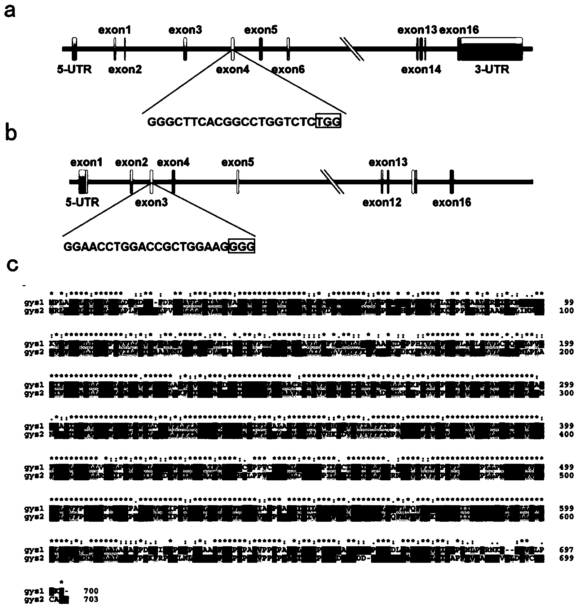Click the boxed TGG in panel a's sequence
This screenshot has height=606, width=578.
328,122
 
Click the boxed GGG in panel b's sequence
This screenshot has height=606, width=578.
242,246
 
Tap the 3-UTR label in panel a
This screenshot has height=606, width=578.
492,69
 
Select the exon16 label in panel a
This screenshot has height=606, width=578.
459,30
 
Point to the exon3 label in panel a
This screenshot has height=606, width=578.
185,30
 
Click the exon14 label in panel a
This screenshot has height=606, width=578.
421,69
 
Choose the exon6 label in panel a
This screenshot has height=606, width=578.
288,69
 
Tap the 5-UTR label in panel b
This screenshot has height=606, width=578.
82,202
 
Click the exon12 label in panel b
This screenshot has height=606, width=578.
382,203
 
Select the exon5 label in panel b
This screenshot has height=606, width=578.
238,162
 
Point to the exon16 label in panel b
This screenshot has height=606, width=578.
451,203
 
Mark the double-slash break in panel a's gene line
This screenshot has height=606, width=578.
354,49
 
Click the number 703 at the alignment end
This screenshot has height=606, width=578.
91,599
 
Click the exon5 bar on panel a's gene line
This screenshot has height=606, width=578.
261,49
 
